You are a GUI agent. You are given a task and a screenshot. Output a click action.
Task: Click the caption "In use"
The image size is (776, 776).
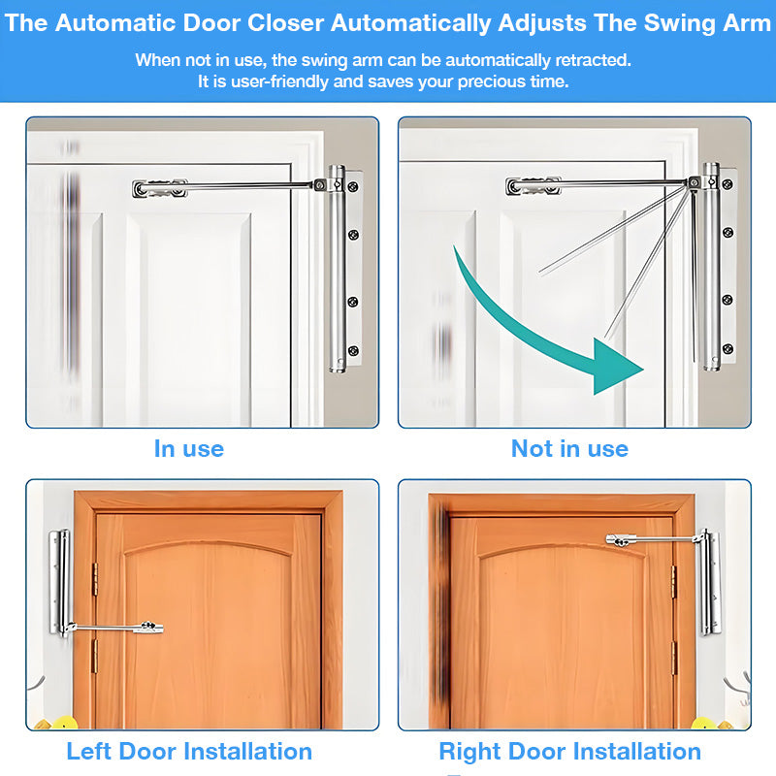tap(189, 449)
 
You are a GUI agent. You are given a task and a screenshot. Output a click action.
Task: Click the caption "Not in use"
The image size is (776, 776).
tap(569, 449)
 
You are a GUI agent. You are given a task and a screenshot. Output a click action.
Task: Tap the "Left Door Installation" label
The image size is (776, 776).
tap(189, 751)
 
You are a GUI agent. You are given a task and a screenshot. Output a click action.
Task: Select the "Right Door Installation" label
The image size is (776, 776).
tap(570, 751)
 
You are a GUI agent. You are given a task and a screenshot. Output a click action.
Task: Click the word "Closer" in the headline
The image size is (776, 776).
tap(285, 22)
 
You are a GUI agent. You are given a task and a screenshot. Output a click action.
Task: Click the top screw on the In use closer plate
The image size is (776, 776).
tap(353, 186)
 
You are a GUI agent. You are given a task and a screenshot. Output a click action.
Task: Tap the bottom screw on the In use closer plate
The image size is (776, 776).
tap(353, 351)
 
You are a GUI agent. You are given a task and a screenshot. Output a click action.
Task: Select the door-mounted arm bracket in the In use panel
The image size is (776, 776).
tap(160, 188)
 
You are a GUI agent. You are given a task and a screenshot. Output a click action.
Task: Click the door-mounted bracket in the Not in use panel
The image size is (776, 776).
tap(533, 186)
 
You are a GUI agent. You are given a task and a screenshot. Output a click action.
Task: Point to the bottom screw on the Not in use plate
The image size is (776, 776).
tap(727, 349)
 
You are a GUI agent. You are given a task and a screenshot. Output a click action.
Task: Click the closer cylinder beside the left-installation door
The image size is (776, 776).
tap(62, 583)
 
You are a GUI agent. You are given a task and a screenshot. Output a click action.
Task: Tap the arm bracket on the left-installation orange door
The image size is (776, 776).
tap(151, 628)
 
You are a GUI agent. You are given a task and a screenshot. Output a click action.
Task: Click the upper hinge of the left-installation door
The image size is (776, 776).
tap(95, 579)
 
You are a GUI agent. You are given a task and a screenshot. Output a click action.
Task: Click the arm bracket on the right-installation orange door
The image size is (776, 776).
tap(620, 540)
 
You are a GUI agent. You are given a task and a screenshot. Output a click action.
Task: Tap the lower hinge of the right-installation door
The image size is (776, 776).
tap(673, 659)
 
